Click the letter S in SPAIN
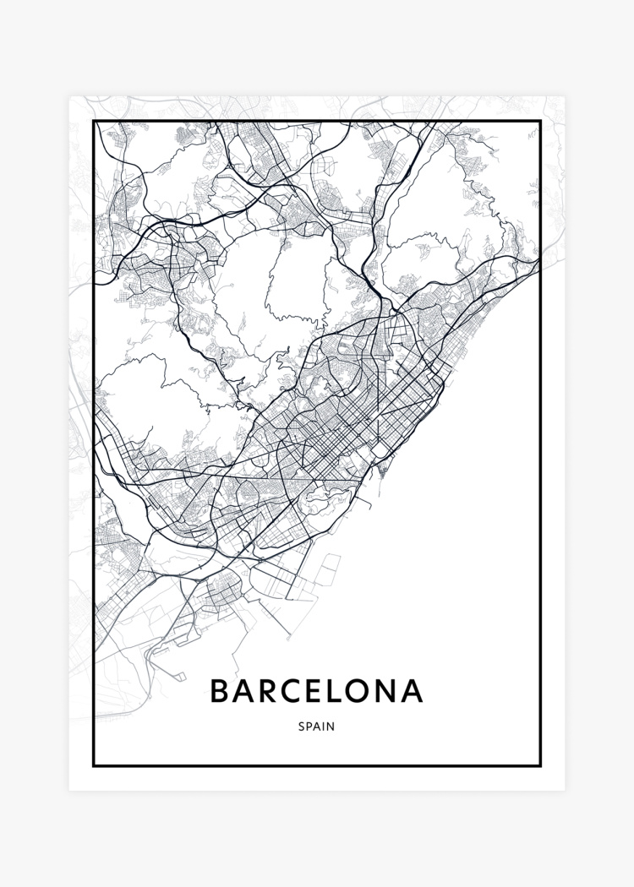point(302,726)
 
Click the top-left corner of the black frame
point(94,122)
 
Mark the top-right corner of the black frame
point(539,122)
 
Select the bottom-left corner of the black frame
point(94,765)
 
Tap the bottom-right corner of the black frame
point(539,765)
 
